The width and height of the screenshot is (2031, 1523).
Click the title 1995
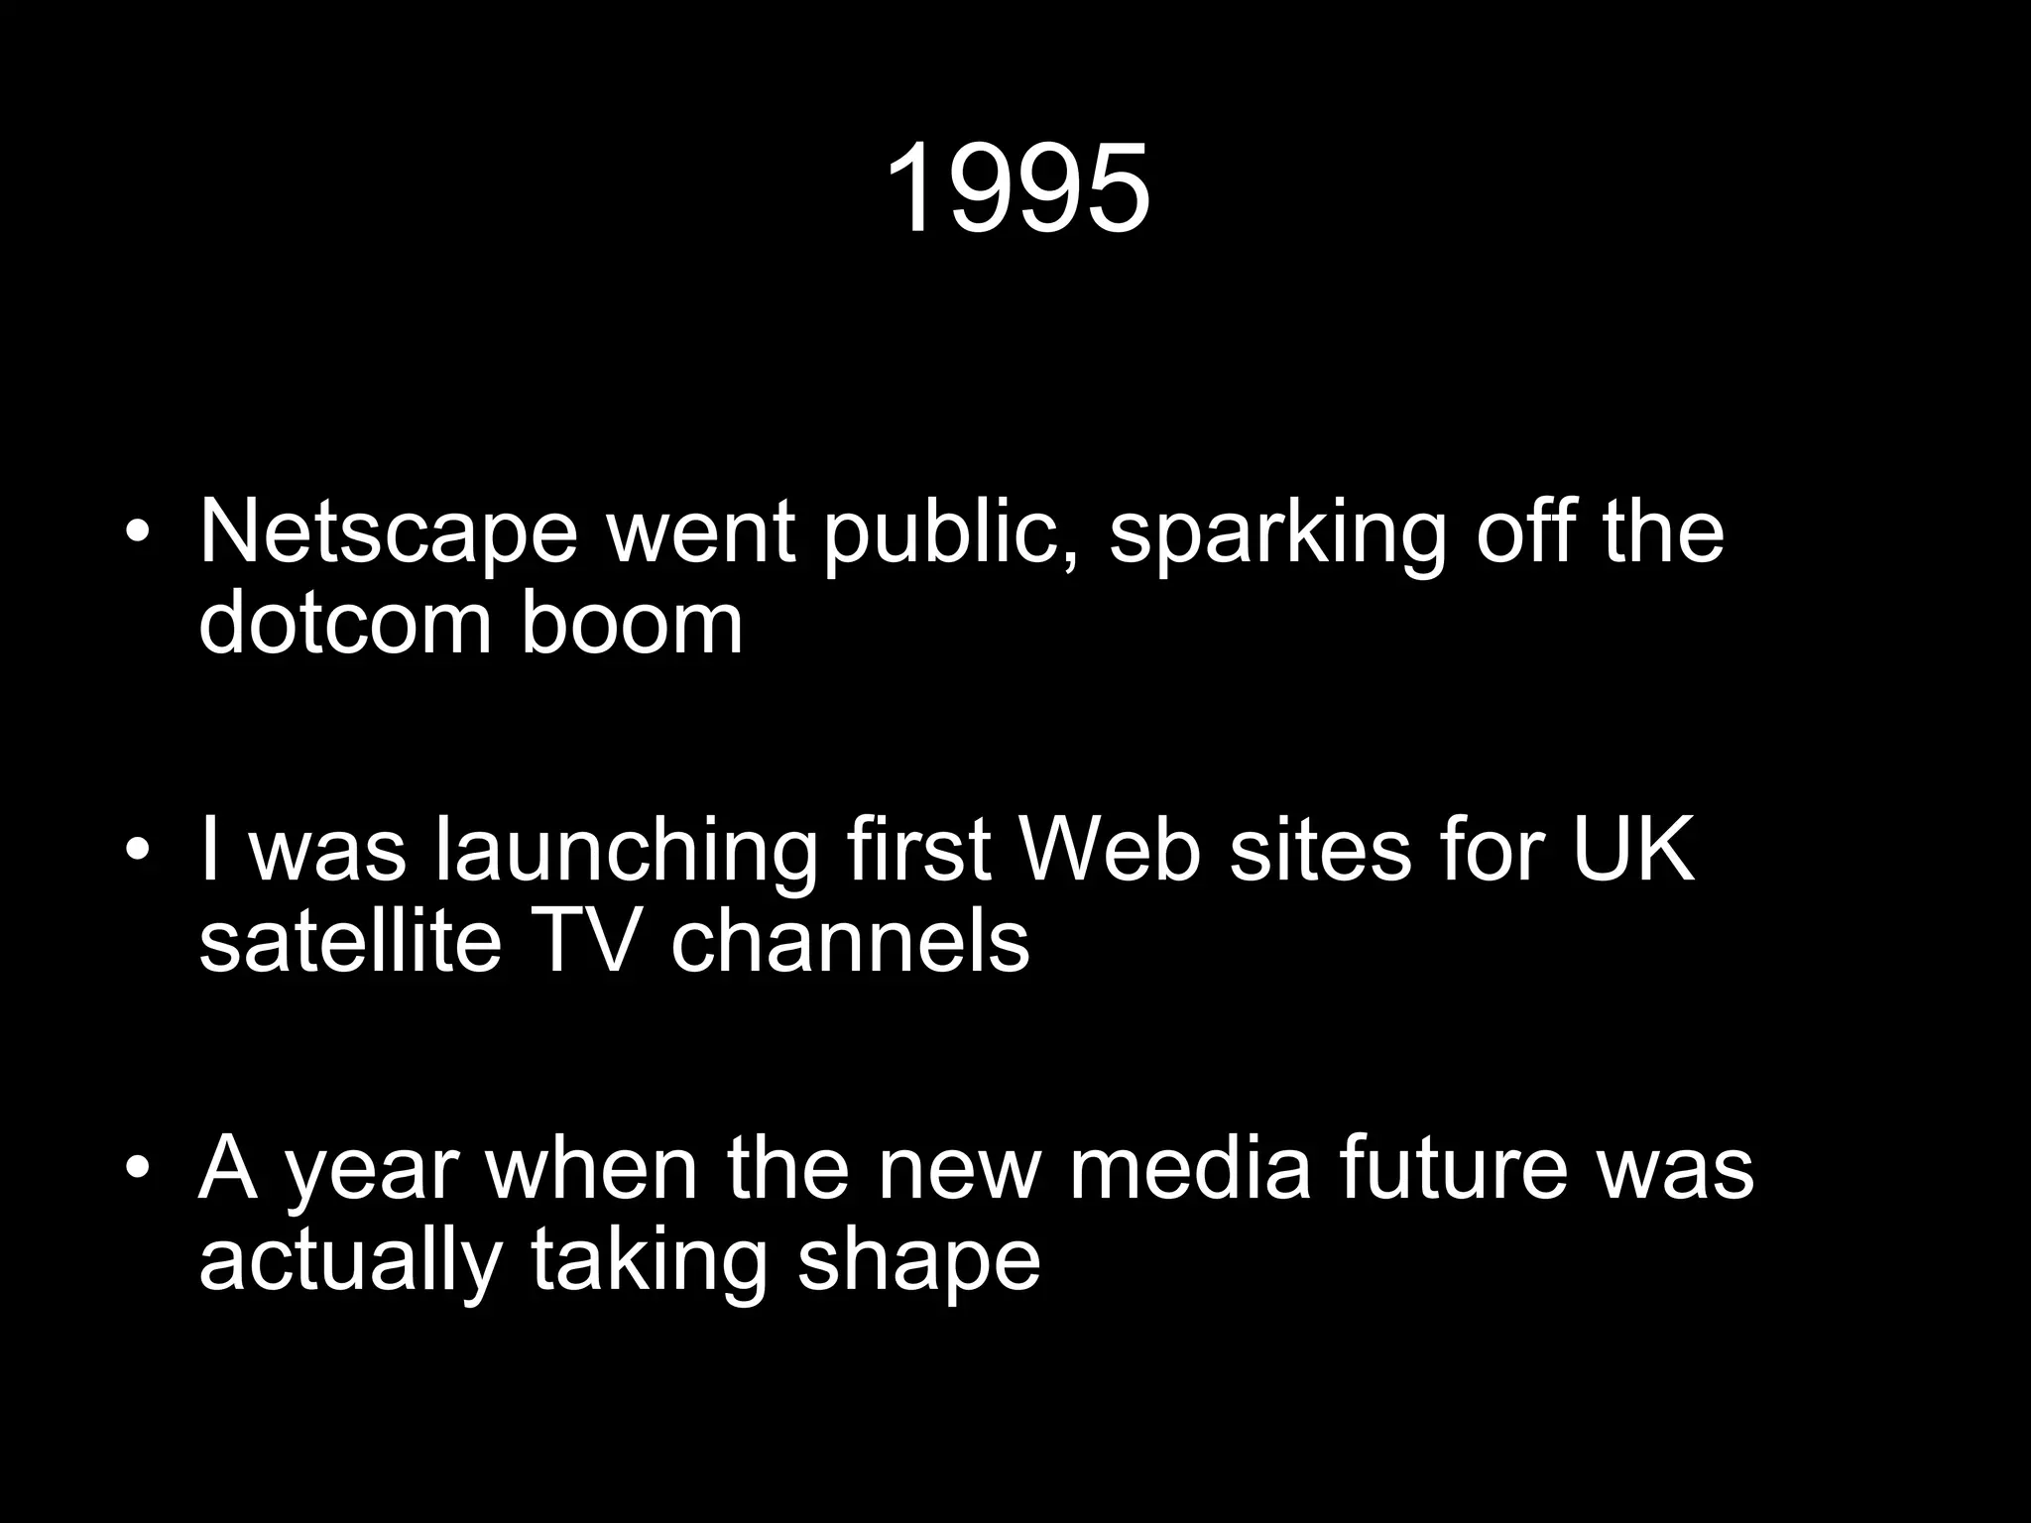point(1016,188)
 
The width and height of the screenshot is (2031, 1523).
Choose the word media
point(1190,1168)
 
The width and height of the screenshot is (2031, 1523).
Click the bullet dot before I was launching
point(139,851)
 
